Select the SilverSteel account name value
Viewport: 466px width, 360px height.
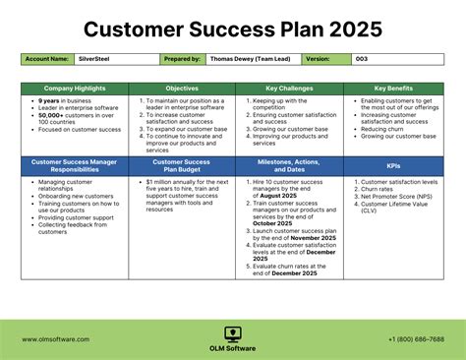[x=94, y=59]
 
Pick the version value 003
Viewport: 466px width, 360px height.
[x=362, y=59]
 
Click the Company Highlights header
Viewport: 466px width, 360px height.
[x=74, y=89]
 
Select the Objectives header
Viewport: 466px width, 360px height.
[x=181, y=89]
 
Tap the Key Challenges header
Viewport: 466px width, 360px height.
[x=288, y=89]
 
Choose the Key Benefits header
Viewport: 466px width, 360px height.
[x=394, y=89]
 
